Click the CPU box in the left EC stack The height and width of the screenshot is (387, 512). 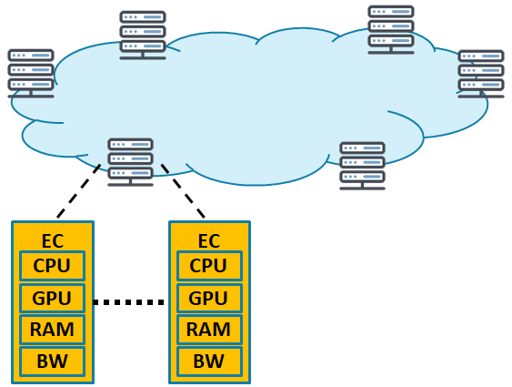(52, 266)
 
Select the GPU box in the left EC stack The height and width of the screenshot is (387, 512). (52, 298)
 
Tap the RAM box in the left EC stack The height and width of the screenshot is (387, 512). (52, 330)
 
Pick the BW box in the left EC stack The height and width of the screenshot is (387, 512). (52, 362)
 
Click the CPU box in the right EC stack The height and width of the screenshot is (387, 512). (209, 266)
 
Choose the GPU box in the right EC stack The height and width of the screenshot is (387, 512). (209, 298)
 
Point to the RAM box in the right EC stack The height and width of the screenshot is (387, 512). (209, 330)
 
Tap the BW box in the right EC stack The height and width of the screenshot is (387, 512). (209, 362)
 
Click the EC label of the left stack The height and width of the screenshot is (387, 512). (53, 241)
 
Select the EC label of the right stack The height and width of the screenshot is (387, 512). (209, 241)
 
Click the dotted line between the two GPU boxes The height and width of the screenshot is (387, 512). (128, 302)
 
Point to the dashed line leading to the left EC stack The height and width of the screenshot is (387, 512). (79, 191)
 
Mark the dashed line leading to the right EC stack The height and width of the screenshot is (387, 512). (183, 191)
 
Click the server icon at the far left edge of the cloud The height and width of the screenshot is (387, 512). (31, 74)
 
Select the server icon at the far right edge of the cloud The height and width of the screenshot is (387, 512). (481, 74)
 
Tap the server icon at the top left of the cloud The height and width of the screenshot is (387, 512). (143, 36)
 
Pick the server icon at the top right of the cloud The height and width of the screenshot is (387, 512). (391, 30)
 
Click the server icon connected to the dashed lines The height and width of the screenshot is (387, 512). (131, 162)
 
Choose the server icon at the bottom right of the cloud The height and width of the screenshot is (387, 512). (363, 166)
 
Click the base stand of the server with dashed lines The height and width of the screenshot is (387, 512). (131, 183)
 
